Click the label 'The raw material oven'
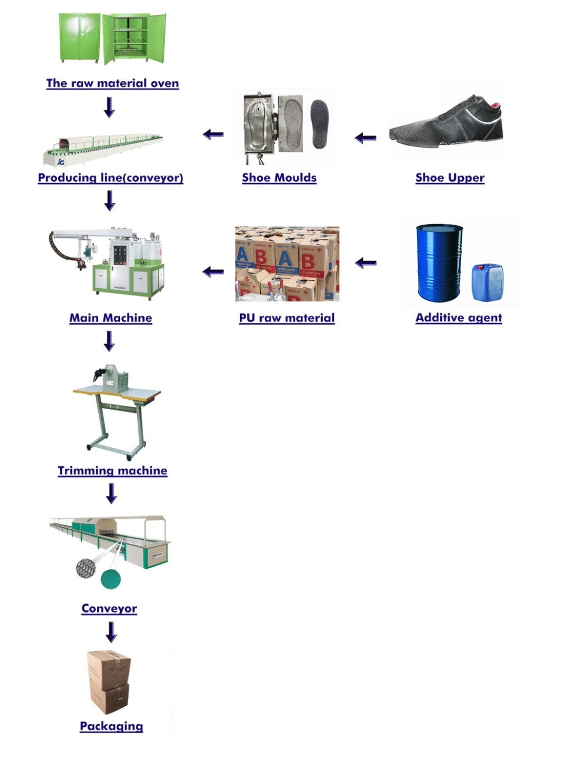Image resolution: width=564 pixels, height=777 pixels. [x=112, y=83]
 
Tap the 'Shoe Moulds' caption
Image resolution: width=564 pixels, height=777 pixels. [x=279, y=178]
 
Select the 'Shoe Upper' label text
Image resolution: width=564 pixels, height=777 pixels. [x=450, y=178]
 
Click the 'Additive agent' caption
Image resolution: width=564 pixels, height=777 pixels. [x=459, y=318]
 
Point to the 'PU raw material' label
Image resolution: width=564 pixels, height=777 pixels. [x=287, y=318]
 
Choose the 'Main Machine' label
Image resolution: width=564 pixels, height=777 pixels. [x=111, y=318]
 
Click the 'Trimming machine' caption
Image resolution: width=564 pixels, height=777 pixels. [x=112, y=471]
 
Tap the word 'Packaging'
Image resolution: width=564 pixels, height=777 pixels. [x=111, y=726]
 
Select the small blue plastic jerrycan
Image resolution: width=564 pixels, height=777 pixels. [x=487, y=282]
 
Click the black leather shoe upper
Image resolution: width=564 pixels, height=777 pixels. [x=446, y=122]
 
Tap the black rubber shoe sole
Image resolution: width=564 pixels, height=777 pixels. [x=320, y=123]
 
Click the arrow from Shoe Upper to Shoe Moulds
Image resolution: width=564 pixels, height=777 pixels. [x=366, y=138]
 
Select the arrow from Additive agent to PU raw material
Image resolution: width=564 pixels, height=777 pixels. [x=366, y=263]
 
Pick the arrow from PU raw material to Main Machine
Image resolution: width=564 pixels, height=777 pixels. [x=213, y=271]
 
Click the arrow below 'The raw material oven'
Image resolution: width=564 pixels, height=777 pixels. [x=110, y=107]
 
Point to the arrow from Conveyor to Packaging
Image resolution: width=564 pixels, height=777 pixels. [x=111, y=632]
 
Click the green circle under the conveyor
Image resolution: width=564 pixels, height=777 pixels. [x=111, y=579]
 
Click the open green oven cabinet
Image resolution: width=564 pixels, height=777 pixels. [x=134, y=38]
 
